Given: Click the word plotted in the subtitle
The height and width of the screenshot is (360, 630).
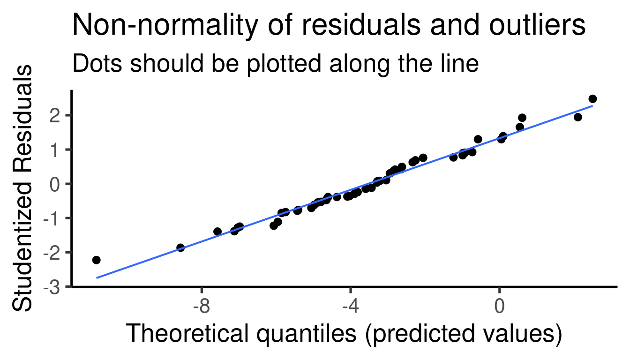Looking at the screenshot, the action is point(284,64).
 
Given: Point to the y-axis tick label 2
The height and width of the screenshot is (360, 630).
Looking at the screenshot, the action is point(55,116).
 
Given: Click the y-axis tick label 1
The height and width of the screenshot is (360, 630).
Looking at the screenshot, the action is point(55,150).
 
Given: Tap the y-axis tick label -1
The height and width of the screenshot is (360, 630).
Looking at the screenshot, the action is point(52,218).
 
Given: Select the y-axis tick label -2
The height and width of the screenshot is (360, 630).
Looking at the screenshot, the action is point(52,253).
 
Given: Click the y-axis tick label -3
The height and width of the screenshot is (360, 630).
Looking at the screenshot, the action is point(52,287).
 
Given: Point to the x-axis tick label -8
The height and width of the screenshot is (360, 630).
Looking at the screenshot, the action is point(202,306).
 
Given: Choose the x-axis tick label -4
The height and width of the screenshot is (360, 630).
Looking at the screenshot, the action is point(351,306).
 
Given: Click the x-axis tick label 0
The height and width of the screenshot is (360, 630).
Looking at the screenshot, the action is point(499,306).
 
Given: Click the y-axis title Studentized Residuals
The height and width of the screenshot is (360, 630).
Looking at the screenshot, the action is point(22,188).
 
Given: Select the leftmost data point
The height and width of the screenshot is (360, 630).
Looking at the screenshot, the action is point(97,260).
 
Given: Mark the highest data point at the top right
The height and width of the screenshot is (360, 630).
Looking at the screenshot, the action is point(592,99).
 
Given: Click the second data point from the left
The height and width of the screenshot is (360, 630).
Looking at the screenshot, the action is point(180,248).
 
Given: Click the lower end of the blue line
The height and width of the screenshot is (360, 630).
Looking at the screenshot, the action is point(97,278).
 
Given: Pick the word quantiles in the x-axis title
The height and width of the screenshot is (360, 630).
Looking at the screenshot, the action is point(307,334).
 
